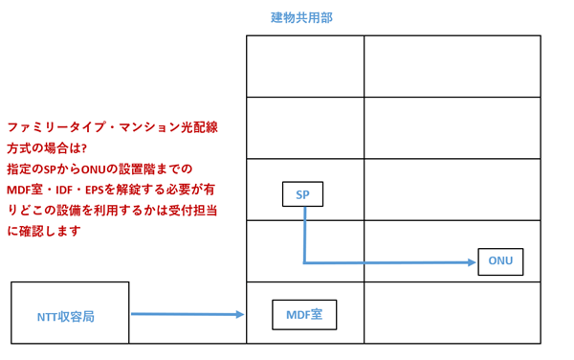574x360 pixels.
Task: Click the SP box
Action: pyautogui.click(x=302, y=194)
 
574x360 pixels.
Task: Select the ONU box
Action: pyautogui.click(x=500, y=261)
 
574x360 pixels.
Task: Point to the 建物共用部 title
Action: pyautogui.click(x=302, y=17)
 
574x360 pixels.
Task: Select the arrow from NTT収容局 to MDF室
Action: pyautogui.click(x=187, y=313)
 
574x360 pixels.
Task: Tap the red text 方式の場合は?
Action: pyautogui.click(x=47, y=146)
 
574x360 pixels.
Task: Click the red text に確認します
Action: pyautogui.click(x=44, y=231)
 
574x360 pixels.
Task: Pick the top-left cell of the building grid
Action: pyautogui.click(x=305, y=66)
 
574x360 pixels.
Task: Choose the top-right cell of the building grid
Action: pyautogui.click(x=452, y=66)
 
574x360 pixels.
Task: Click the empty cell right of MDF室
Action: pyautogui.click(x=452, y=313)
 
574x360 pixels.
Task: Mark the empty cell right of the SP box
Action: pyautogui.click(x=452, y=190)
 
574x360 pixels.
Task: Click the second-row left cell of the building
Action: pyautogui.click(x=305, y=127)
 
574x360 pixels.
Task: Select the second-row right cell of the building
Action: pyautogui.click(x=452, y=127)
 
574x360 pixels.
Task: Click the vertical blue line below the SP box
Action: pyautogui.click(x=304, y=234)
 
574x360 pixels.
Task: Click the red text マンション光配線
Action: pyautogui.click(x=168, y=126)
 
